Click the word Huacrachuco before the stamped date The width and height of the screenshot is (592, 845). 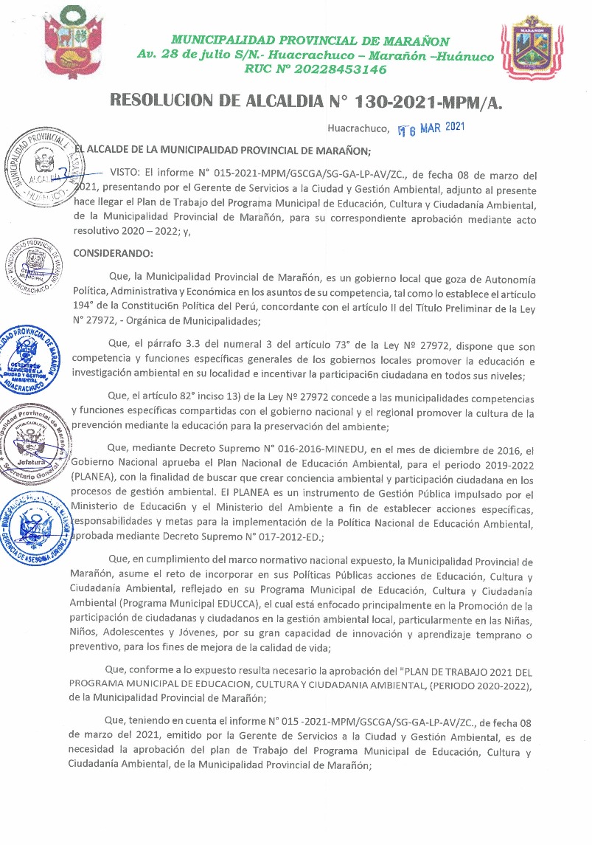tap(358, 129)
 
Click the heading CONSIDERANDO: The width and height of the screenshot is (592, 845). tap(113, 254)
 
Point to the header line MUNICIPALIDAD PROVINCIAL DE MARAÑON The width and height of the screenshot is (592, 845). tap(310, 41)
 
